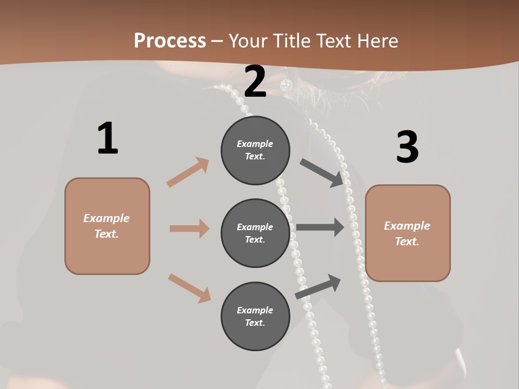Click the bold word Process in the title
pos(170,41)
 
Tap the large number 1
pos(108,139)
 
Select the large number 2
pos(255,82)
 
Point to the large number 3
pos(407,147)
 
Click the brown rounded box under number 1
pos(107,226)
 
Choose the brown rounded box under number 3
pos(408,233)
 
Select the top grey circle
pos(255,150)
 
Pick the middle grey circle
pos(255,233)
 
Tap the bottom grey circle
pos(255,316)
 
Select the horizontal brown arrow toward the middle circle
pos(189,229)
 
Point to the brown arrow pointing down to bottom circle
pos(189,288)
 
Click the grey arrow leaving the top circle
pos(322,172)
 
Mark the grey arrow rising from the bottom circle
pos(318,286)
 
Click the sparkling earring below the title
pos(286,85)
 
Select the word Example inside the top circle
pos(255,144)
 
